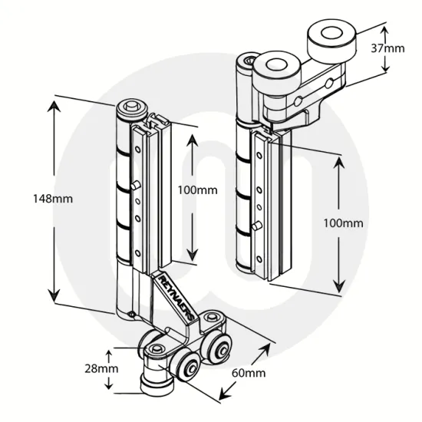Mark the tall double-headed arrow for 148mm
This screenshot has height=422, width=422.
[x=54, y=199]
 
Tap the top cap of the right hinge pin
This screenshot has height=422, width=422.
[x=247, y=60]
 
